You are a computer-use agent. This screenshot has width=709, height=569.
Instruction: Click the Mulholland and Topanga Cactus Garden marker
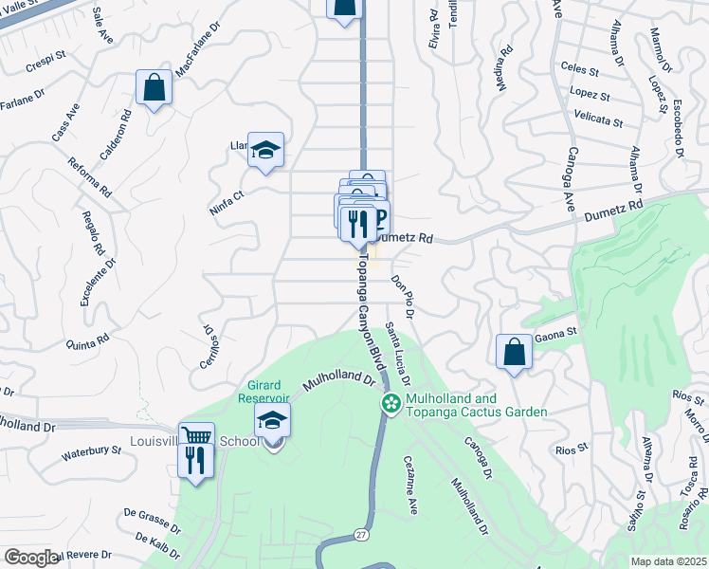pos(390,404)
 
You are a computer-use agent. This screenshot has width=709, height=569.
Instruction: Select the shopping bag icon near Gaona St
pos(513,351)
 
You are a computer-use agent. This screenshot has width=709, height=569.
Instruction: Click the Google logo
pos(31,558)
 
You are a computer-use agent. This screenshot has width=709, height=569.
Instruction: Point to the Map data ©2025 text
pos(669,561)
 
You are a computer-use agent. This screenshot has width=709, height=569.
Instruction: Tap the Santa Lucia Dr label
pos(398,350)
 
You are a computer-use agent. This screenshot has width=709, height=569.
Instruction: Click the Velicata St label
pos(598,119)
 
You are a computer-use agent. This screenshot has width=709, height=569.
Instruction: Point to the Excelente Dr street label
pos(97,285)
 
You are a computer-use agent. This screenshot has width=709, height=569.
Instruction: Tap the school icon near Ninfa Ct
pos(265,150)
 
